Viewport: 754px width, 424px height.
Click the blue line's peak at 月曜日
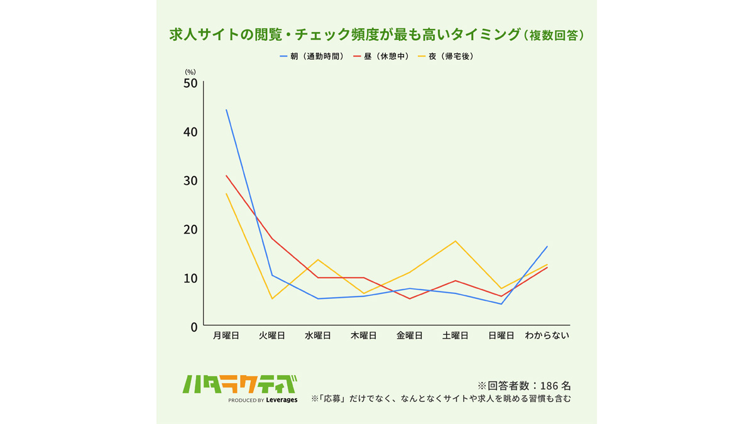(x=226, y=110)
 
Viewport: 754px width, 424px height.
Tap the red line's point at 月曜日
(x=226, y=175)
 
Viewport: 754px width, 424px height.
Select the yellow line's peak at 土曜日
(x=456, y=241)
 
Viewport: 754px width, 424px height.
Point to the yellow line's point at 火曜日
(x=272, y=298)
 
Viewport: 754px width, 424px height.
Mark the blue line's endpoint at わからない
(x=547, y=246)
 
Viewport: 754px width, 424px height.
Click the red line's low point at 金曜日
(x=410, y=298)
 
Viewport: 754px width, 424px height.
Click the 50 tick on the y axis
(x=190, y=84)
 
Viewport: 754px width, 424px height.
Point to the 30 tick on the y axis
(x=190, y=181)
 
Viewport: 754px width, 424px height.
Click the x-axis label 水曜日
(x=318, y=335)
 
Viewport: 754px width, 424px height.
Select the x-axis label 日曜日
(x=501, y=335)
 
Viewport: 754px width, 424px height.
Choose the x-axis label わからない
(x=547, y=335)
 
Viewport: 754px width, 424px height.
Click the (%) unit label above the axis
(x=190, y=72)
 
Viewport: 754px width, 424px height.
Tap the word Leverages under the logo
(x=281, y=400)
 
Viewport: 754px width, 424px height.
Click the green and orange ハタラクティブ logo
(x=239, y=384)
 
